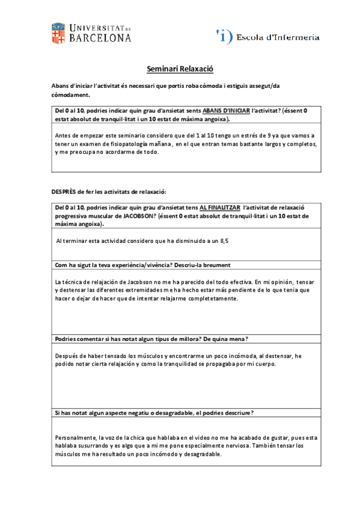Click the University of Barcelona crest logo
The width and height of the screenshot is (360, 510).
pos(58,32)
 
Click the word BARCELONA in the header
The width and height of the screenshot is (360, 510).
pos(100,38)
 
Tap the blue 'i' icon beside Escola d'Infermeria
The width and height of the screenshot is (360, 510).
pos(224,37)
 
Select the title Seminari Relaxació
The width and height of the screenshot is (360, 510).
pos(180,69)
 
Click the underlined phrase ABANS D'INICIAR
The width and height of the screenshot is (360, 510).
pos(226,111)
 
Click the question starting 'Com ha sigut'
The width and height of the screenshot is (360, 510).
pos(142,265)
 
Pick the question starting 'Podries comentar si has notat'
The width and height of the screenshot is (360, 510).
pos(151,339)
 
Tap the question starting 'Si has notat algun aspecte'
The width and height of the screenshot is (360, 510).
pos(154,413)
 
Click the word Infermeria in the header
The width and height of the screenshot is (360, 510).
pos(297,37)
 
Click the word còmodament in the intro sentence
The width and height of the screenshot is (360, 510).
pos(71,94)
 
